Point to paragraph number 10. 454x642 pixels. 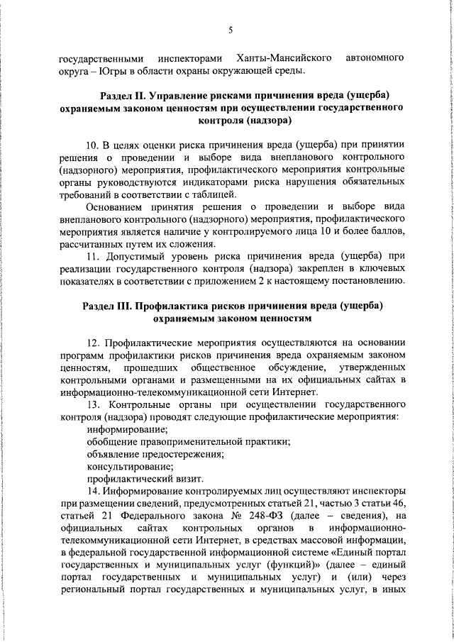(x=92, y=143)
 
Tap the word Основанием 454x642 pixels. (x=113, y=206)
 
